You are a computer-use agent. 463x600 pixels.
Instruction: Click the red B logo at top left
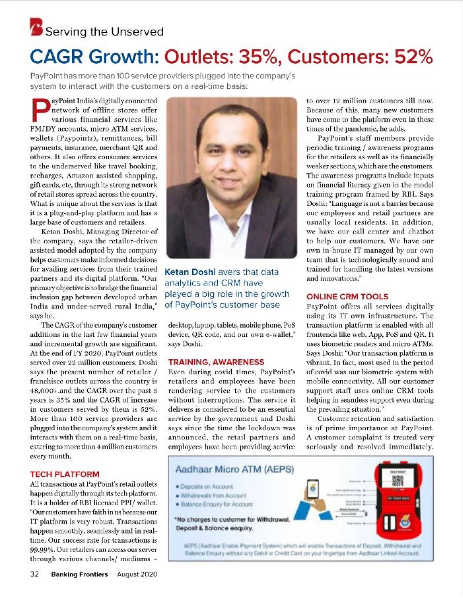point(37,27)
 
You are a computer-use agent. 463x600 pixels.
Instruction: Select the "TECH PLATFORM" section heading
point(65,474)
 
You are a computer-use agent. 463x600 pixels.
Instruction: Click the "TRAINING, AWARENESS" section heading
point(216,362)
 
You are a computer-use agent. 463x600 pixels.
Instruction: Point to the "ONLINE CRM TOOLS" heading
point(347,296)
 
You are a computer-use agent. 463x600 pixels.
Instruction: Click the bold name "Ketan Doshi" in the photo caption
point(190,272)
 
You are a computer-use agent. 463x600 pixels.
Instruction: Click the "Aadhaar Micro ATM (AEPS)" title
point(234,470)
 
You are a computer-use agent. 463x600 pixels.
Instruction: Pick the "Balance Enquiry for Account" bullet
point(216,504)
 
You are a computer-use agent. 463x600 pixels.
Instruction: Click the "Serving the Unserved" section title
point(104,32)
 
